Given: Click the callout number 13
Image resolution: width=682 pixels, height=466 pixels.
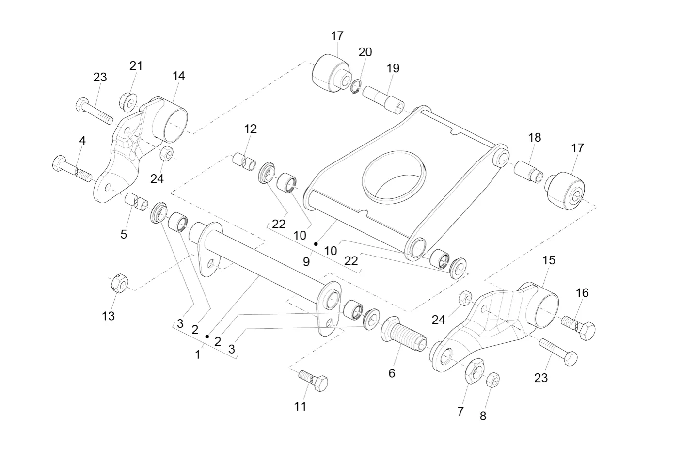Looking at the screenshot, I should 108,316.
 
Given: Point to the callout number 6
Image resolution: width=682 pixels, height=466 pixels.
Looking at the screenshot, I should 392,373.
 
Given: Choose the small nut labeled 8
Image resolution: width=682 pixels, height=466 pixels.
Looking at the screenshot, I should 492,380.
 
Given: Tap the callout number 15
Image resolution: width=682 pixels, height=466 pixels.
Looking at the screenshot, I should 548,260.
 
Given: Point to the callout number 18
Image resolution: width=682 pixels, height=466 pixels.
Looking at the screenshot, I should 534,138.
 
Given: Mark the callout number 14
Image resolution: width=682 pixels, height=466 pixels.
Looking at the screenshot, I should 178,76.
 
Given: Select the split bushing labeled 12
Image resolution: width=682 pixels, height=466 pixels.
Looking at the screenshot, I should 244,161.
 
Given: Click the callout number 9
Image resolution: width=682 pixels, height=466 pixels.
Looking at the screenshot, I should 306,262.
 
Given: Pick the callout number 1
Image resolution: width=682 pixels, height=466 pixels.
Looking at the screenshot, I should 197,354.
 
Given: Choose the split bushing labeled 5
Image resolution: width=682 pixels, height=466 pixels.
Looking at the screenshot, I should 137,201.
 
